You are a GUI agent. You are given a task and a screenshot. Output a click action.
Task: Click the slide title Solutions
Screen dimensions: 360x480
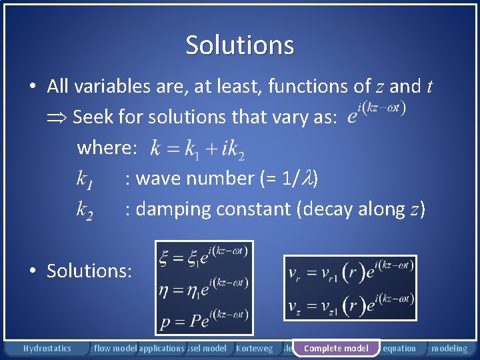[x=240, y=45]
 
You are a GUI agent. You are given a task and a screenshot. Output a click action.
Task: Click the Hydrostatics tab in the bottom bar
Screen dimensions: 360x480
[x=47, y=348]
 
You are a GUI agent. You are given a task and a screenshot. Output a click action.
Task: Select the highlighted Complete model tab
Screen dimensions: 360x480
[x=336, y=348]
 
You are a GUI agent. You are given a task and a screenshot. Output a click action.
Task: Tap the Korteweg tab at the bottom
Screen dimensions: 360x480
[x=254, y=348]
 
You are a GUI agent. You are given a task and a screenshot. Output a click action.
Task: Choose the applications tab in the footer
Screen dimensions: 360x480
[x=161, y=348]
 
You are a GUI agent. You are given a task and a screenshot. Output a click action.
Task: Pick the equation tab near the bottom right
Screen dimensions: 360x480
[x=399, y=348]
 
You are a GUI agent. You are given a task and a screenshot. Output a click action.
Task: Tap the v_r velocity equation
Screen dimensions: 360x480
[x=350, y=271]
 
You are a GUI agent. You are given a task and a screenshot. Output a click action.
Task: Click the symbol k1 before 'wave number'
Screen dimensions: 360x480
[x=85, y=179]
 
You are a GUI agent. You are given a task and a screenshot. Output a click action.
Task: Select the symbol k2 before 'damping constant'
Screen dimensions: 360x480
[x=85, y=210]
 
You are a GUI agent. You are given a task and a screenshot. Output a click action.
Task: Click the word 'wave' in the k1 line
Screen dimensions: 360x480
[x=156, y=179]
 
